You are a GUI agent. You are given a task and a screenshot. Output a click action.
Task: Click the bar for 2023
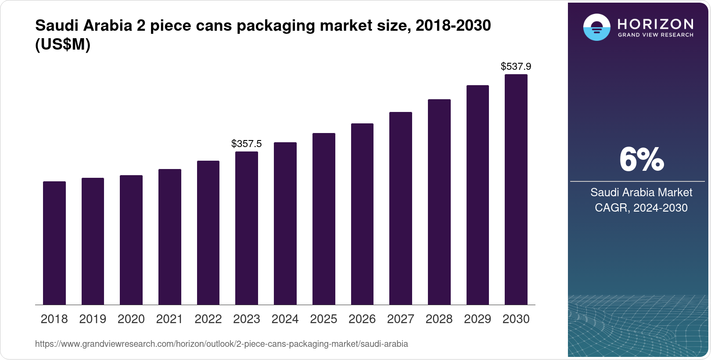tap(247, 228)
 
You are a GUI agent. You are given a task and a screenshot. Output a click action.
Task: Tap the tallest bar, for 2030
tap(516, 189)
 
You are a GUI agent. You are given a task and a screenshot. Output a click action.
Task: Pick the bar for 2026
tap(362, 214)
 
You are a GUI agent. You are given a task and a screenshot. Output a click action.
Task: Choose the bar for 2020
tap(131, 240)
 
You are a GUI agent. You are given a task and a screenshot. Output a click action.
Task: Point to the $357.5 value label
tap(247, 144)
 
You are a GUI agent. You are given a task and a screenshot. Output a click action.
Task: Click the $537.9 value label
tap(516, 66)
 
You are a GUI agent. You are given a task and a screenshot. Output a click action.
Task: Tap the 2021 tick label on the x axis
tap(169, 319)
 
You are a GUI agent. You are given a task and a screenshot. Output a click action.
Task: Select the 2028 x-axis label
tap(439, 319)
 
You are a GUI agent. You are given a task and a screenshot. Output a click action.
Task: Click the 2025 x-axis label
tap(323, 319)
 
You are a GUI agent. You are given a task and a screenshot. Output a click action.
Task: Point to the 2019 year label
tap(93, 319)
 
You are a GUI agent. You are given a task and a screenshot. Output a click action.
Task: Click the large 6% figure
tap(641, 160)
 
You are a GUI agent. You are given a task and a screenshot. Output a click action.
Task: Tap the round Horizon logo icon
tap(596, 27)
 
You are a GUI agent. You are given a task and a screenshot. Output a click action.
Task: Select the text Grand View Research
tap(656, 35)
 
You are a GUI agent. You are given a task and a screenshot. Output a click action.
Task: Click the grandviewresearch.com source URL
tap(221, 344)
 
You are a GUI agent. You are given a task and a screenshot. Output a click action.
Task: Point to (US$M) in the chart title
tap(63, 45)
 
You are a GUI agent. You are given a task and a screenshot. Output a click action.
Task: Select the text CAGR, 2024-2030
tap(641, 208)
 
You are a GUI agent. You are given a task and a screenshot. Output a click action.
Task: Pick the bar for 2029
tap(478, 195)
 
